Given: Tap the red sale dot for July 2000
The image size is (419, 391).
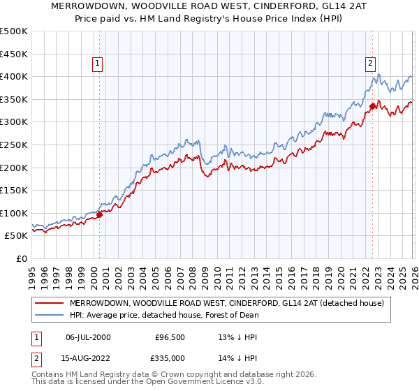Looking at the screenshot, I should point(99,214).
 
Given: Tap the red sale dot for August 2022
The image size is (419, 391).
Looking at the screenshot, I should point(372,106).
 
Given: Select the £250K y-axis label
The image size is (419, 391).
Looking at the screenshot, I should point(14,145).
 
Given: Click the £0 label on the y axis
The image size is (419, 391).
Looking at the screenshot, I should point(22,258).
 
